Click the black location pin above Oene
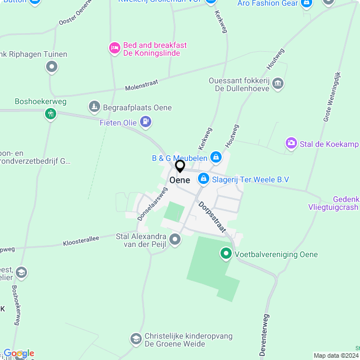[180, 166]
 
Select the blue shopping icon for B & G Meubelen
[215, 156]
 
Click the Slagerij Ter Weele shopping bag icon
[203, 179]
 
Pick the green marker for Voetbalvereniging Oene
[226, 254]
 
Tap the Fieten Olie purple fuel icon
[146, 121]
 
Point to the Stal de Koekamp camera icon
[291, 144]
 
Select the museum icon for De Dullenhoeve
[278, 85]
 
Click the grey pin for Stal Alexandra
[175, 240]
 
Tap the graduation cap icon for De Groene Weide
[136, 339]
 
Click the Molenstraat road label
[142, 85]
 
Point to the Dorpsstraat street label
[211, 217]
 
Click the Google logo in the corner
[19, 353]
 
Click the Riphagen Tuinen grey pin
[52, 67]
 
